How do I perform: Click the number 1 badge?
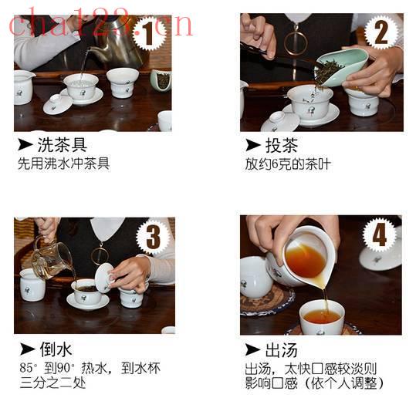pyautogui.click(x=150, y=33)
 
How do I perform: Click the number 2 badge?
pyautogui.click(x=381, y=32)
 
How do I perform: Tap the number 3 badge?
pyautogui.click(x=153, y=237)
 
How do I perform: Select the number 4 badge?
pyautogui.click(x=380, y=234)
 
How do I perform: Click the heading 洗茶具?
pyautogui.click(x=63, y=145)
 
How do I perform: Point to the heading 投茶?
pyautogui.click(x=282, y=145)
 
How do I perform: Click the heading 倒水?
pyautogui.click(x=56, y=349)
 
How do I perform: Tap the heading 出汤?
pyautogui.click(x=281, y=350)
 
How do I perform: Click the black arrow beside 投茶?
pyautogui.click(x=253, y=145)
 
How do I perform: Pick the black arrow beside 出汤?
pyautogui.click(x=252, y=349)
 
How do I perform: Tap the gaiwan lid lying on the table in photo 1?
pyautogui.click(x=57, y=104)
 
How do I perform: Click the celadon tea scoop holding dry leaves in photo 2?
pyautogui.click(x=341, y=68)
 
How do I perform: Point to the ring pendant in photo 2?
pyautogui.click(x=296, y=42)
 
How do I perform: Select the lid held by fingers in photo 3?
pyautogui.click(x=104, y=278)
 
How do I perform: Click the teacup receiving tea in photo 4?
pyautogui.click(x=322, y=317)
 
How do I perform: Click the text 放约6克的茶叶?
pyautogui.click(x=288, y=164)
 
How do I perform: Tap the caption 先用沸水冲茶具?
pyautogui.click(x=63, y=164)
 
